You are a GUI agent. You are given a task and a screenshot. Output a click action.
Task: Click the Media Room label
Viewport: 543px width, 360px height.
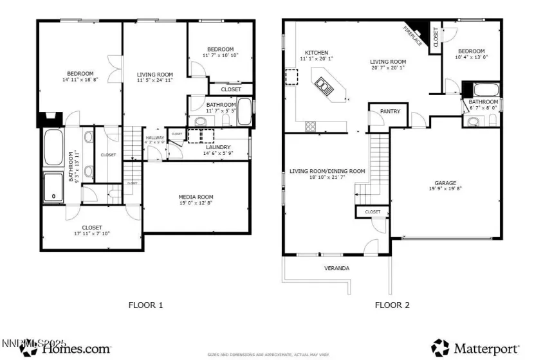pos(196,197)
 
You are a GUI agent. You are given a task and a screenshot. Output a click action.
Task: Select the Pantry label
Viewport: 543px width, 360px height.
pos(390,111)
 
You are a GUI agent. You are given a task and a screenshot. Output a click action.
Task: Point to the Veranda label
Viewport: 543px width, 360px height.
pos(336,268)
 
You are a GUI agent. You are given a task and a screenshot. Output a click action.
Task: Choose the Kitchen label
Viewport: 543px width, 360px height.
pos(317,53)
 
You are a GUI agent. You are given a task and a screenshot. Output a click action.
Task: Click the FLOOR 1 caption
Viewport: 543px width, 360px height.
pos(146,305)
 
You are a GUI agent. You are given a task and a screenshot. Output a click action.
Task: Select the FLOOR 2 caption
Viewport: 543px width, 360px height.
pos(392,305)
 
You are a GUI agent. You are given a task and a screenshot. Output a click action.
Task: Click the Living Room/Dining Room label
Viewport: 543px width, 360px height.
pos(327,171)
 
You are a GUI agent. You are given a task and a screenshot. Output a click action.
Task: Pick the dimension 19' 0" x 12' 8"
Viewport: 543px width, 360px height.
pos(196,204)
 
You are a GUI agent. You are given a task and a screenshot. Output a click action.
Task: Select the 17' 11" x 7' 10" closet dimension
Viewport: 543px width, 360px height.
pos(92,234)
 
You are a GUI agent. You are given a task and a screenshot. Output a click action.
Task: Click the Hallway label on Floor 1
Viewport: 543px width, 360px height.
pos(155,138)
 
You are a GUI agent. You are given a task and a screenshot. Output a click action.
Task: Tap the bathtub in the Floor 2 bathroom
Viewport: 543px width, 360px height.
pos(484,90)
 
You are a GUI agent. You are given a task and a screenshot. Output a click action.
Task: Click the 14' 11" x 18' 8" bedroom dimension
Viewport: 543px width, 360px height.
pos(80,80)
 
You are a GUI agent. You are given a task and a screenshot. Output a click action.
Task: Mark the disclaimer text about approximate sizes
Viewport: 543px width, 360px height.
pos(268,354)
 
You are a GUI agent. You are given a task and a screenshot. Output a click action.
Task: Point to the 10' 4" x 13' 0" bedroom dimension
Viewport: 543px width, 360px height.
pos(471,57)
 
